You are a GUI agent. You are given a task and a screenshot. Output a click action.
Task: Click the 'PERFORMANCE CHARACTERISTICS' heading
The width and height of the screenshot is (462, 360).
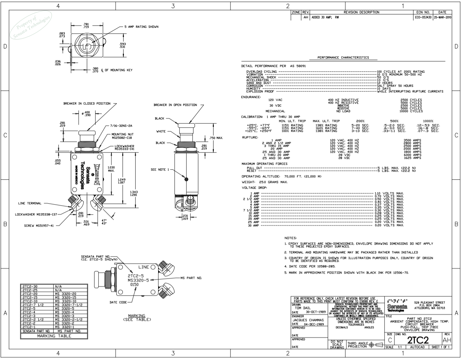click(x=343, y=57)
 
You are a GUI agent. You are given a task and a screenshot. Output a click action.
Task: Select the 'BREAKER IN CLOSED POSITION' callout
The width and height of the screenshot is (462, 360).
click(x=87, y=103)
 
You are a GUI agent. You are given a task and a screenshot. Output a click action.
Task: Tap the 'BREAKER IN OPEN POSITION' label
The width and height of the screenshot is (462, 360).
click(x=175, y=105)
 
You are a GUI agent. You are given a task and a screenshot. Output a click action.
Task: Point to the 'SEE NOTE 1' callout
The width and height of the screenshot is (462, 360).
click(x=160, y=170)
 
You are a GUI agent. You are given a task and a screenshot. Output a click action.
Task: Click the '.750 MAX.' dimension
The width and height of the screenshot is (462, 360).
click(x=216, y=138)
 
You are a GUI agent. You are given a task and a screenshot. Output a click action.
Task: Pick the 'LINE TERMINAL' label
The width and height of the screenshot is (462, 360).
click(x=30, y=203)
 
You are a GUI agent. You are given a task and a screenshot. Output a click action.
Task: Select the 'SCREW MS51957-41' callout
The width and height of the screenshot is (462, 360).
click(x=39, y=226)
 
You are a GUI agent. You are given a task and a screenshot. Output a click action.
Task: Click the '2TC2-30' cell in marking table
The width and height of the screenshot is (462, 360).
click(x=30, y=287)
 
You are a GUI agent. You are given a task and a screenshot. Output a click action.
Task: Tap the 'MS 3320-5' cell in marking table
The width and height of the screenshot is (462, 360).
click(x=64, y=308)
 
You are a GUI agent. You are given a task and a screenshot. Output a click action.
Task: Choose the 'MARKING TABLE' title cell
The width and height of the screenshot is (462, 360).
click(x=54, y=336)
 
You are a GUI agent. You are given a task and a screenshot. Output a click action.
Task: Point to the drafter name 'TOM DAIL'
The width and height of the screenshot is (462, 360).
click(x=302, y=308)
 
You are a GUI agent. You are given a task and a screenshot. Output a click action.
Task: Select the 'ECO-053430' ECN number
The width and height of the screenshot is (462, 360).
click(x=423, y=17)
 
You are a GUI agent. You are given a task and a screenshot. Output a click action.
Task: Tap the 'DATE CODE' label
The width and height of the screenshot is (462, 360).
click(x=118, y=302)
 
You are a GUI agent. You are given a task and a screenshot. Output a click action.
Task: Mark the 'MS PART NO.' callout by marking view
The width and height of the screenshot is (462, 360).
click(x=191, y=278)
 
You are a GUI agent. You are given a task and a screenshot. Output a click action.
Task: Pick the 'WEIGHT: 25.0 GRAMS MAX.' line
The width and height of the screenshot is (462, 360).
click(x=264, y=182)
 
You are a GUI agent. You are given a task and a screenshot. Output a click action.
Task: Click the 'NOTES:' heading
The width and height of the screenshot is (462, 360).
click(x=290, y=238)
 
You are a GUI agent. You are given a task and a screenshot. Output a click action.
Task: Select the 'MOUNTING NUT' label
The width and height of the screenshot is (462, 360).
click(x=123, y=134)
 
